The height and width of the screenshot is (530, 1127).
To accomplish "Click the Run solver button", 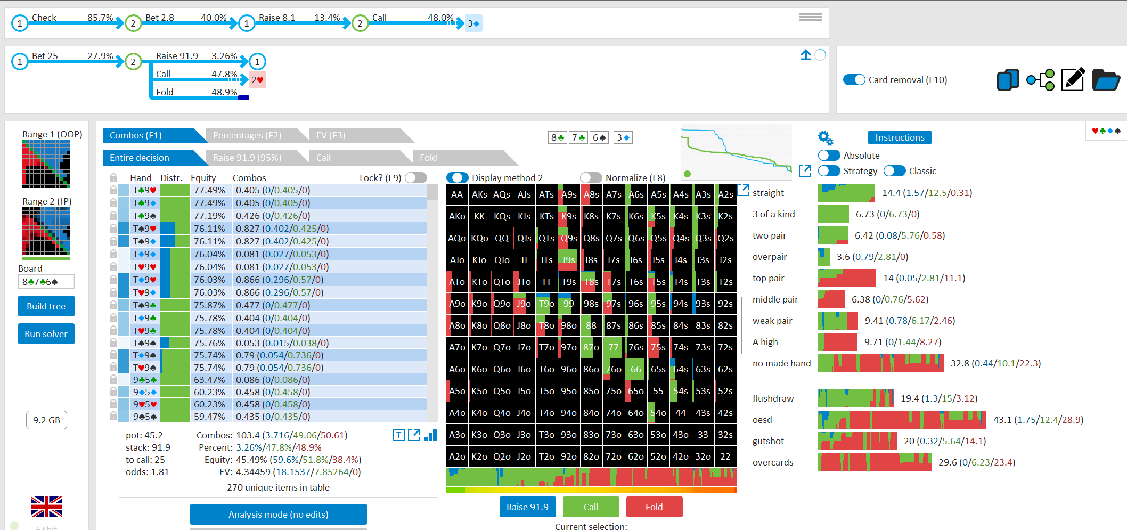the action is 46,334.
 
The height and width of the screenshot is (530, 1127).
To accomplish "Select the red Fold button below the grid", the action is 654,507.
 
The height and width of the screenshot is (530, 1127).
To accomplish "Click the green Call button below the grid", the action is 591,507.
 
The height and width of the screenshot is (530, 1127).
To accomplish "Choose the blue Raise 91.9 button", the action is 527,507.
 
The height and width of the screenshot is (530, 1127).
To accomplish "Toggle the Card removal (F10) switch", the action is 854,80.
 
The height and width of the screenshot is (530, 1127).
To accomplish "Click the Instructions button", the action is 900,137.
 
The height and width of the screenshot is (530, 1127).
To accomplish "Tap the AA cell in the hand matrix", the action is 457,194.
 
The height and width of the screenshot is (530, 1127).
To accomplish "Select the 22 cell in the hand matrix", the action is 725,456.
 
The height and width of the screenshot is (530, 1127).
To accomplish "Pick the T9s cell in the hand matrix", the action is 569,282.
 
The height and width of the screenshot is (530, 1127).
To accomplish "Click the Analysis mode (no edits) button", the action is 279,515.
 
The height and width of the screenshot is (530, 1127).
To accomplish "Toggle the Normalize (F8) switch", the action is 591,177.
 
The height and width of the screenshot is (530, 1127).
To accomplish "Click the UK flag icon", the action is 46,507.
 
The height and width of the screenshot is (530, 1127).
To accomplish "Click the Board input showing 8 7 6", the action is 46,281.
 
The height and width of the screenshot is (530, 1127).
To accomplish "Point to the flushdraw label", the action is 773,398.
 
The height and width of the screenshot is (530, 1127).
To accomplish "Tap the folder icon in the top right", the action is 1106,80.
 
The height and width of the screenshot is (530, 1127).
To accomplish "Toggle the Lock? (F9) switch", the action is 416,177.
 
